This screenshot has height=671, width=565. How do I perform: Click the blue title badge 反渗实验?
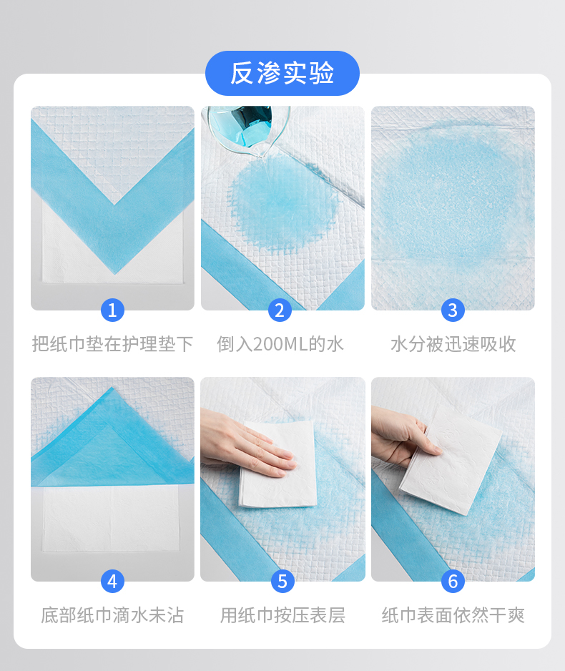[282, 73]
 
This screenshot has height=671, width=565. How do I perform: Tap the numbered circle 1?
[112, 310]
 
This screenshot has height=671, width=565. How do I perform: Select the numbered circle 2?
[280, 310]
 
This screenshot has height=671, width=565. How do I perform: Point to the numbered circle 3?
[453, 310]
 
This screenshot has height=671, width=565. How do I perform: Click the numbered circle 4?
[112, 581]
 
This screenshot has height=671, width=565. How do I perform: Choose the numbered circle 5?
[282, 581]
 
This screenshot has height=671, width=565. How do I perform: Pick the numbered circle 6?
[453, 581]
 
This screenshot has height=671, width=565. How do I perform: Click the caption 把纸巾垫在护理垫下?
[112, 344]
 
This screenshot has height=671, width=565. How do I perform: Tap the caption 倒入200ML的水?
[280, 344]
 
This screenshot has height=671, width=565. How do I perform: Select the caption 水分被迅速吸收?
[453, 344]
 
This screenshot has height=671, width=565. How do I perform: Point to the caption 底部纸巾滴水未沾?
[112, 615]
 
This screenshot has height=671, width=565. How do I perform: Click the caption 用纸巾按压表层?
[282, 615]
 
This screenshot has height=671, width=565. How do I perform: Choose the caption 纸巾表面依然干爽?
[453, 615]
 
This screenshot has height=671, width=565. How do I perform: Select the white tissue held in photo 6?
[451, 460]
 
